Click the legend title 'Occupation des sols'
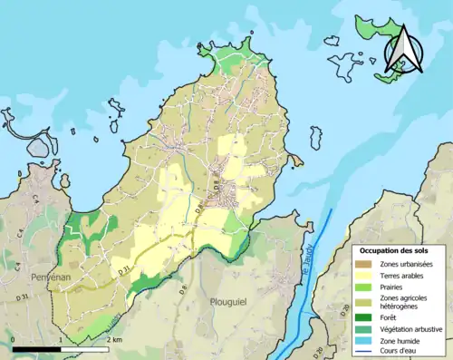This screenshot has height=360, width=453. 399,249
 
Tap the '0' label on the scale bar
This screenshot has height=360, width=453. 13,339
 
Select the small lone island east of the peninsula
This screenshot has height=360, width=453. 315,137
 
